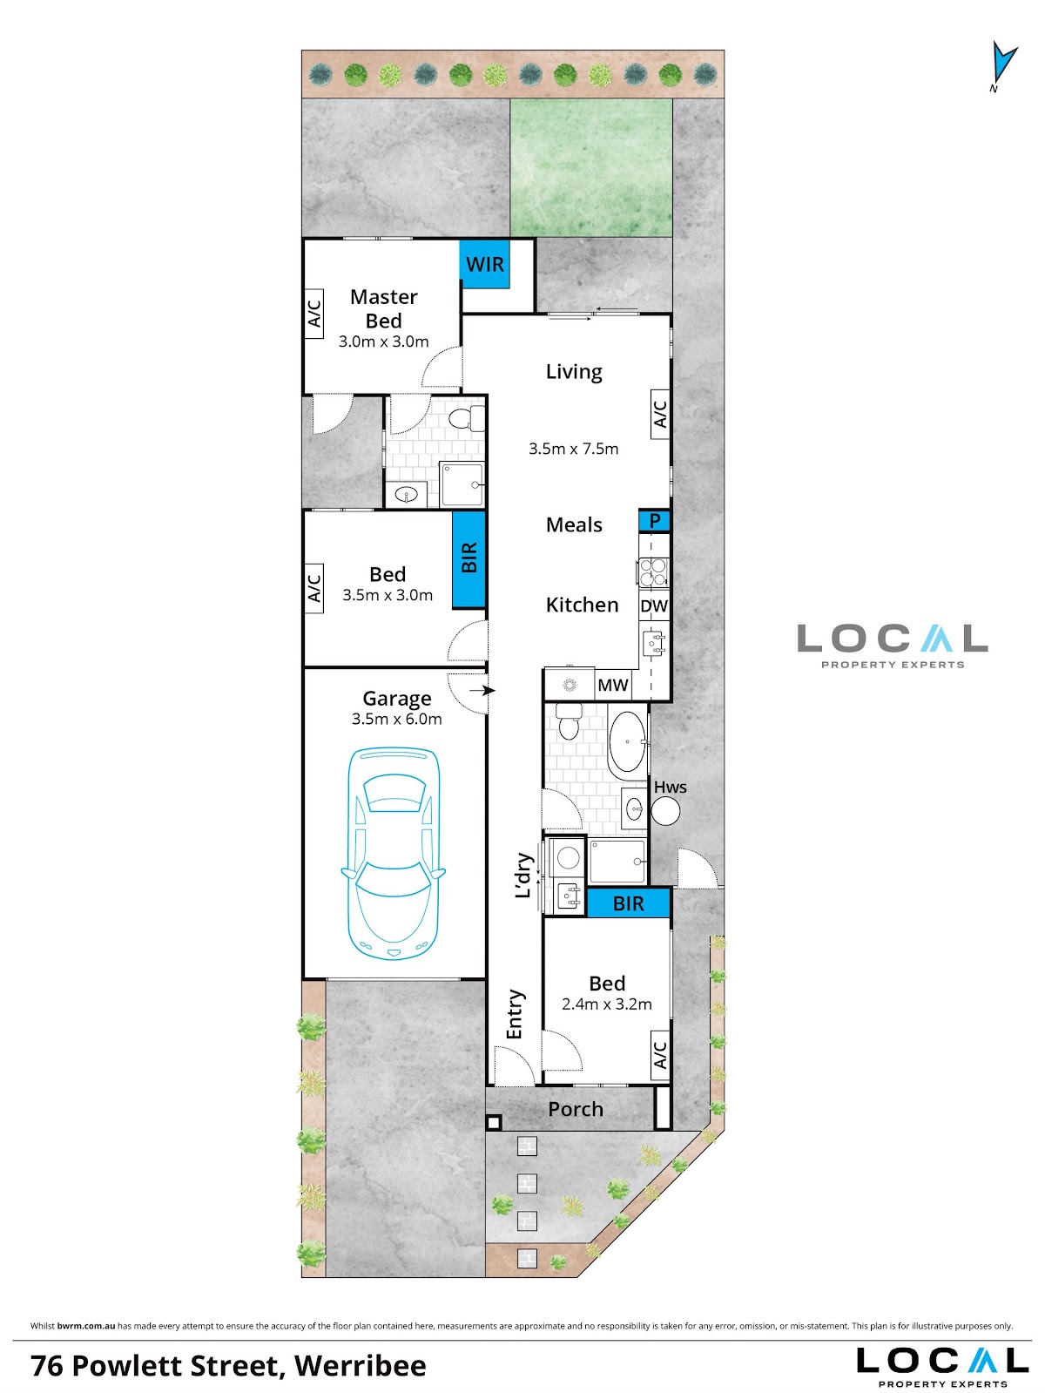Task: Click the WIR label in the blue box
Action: click(485, 264)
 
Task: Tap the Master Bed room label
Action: click(384, 308)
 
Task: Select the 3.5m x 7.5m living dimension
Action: click(573, 449)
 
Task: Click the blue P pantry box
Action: click(654, 521)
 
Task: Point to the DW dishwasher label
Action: click(654, 606)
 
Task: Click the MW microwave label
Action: click(613, 685)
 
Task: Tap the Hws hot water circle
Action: click(666, 810)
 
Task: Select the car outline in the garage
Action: click(393, 854)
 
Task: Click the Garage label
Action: click(397, 698)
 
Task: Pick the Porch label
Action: click(575, 1109)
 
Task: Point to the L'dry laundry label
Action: click(523, 876)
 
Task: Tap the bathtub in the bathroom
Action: click(627, 741)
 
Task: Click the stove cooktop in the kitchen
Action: click(652, 571)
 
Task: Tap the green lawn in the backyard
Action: click(591, 167)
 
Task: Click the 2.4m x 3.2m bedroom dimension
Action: click(607, 1004)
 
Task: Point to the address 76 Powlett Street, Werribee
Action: click(229, 1366)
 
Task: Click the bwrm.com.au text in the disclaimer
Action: click(86, 1326)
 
